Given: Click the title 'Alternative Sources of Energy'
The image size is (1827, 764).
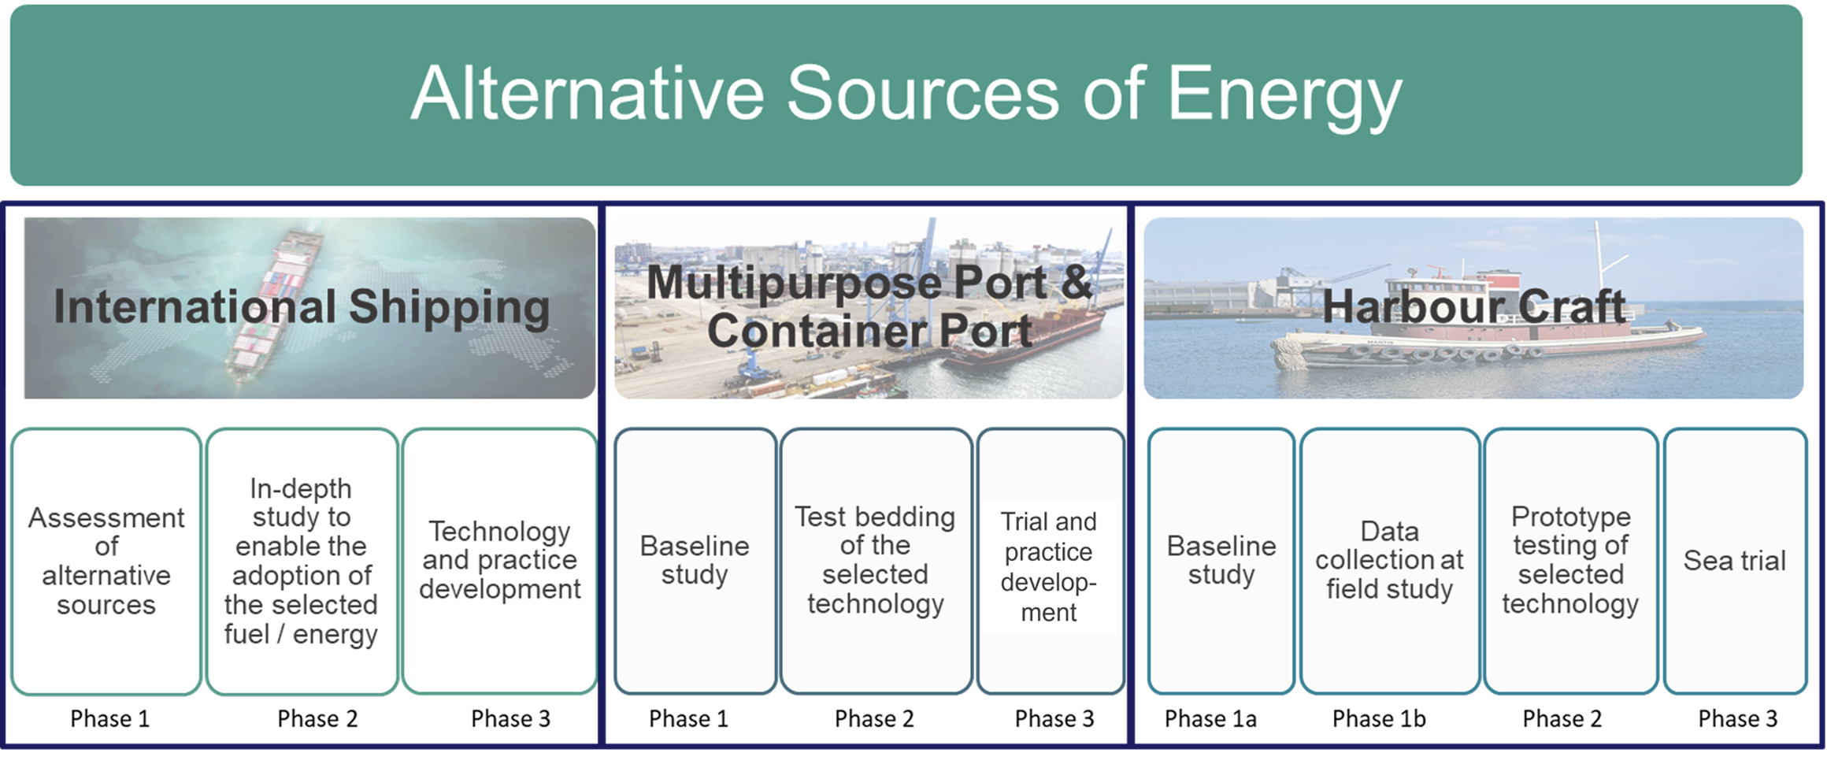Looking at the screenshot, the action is tap(906, 94).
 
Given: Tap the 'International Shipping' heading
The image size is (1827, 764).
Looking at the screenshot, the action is tap(302, 307).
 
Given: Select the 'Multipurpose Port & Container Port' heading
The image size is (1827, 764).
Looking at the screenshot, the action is tap(869, 306).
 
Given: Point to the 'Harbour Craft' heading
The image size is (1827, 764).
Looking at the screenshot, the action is tap(1473, 306).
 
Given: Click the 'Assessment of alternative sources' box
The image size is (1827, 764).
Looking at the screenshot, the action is tap(106, 562).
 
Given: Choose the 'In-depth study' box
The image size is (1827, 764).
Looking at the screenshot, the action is tap(302, 562).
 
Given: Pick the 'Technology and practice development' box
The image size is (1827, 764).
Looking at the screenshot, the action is tap(499, 562).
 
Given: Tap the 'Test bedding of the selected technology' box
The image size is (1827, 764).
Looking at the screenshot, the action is tap(876, 562).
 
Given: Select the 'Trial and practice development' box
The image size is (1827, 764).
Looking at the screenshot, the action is tap(1050, 562).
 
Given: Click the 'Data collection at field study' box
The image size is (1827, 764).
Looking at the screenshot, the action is tap(1390, 562).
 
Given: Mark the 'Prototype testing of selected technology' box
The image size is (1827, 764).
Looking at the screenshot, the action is tap(1571, 562).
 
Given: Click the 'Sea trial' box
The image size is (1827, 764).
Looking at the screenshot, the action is tap(1735, 562).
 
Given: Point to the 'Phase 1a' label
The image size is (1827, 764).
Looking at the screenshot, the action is tap(1210, 719).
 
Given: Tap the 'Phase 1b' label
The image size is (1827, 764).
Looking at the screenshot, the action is tap(1379, 719).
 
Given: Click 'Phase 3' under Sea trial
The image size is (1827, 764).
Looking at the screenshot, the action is tap(1738, 719).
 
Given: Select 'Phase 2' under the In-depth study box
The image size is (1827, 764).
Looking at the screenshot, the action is tap(317, 719).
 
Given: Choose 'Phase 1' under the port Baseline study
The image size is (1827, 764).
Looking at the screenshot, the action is tap(688, 719).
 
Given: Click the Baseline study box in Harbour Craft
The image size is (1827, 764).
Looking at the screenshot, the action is tap(1221, 562).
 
